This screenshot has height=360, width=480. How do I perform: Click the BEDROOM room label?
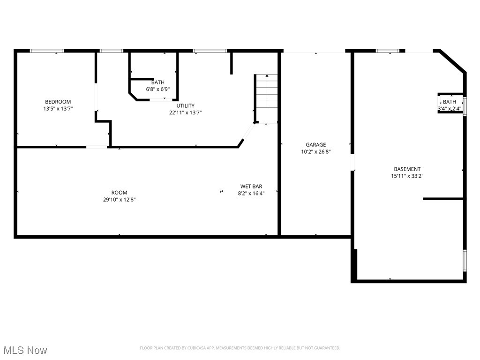pos(58,102)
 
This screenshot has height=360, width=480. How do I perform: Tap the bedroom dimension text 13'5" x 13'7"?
pos(58,108)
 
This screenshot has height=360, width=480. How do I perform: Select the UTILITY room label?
pos(185,105)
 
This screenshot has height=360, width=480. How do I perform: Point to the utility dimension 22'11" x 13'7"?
pos(185,112)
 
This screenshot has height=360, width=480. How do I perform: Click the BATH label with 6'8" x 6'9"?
pos(157,82)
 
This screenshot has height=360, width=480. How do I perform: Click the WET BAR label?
pos(251,186)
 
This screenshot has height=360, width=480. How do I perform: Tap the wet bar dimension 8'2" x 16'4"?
pos(251,193)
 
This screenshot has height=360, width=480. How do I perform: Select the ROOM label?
pos(119,193)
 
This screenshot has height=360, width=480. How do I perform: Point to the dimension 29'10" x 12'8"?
pos(119,200)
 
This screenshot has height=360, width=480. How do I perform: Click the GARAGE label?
pos(315,145)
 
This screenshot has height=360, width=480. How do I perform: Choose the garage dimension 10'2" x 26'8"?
pos(315,152)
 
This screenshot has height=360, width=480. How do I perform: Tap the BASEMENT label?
pos(407,169)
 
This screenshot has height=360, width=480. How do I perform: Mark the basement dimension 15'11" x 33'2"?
pos(407,176)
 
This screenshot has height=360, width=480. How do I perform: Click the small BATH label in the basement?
pos(449,102)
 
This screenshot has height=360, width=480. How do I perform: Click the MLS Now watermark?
pos(25,350)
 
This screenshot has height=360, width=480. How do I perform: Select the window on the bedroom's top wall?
pos(47,51)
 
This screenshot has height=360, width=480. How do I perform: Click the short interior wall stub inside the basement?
pos(443,199)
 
